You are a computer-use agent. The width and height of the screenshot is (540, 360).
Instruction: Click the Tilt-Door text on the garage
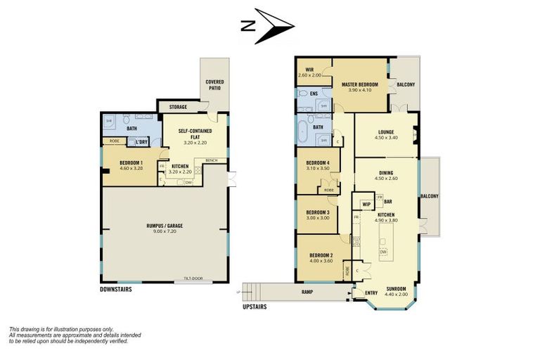coord(193,278)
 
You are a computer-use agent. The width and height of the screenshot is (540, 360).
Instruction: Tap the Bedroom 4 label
coord(318,166)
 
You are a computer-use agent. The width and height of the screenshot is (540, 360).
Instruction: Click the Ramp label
coord(307,292)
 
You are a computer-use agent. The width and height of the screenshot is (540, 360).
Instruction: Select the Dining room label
coord(385,175)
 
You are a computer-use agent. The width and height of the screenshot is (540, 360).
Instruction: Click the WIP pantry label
coord(366,205)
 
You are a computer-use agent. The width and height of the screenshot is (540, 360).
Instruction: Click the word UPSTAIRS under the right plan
coord(254,307)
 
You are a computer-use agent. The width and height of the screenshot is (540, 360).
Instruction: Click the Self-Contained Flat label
coord(194,136)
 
